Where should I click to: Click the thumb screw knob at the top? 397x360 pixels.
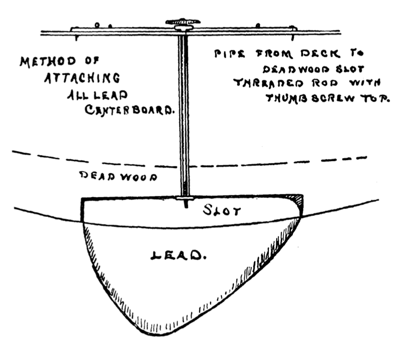(183, 22)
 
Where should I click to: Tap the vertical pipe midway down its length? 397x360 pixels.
(184, 115)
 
